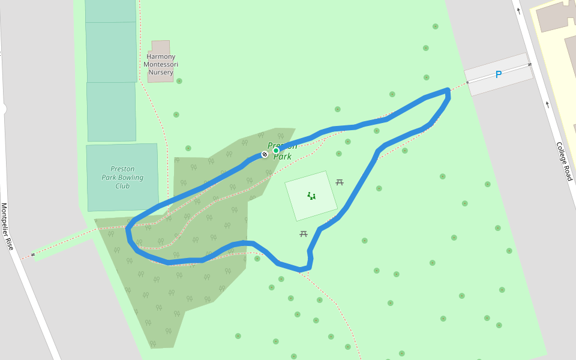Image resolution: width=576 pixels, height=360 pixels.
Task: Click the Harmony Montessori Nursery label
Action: coord(161,65)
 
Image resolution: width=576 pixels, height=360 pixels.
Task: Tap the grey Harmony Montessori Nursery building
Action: coord(161,48)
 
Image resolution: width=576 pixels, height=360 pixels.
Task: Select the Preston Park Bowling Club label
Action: coord(122,178)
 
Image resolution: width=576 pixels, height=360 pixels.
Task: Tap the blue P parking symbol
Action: coord(498,74)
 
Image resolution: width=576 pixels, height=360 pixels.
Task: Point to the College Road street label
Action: coord(564,161)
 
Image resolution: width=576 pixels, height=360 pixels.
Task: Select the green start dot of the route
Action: coord(276,151)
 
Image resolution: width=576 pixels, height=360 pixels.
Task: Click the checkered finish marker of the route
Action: coord(265,154)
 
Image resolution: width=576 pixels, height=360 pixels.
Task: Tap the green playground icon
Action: coord(311,196)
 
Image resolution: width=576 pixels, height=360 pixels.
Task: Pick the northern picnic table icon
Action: coord(340,182)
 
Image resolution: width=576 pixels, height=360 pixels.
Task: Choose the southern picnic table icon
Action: coord(304,233)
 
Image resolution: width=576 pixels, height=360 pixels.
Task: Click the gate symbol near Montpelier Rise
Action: coord(32,254)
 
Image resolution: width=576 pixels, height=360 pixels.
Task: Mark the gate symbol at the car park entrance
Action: coord(529,65)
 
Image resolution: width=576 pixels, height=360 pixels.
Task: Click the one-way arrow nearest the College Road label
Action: coord(547,104)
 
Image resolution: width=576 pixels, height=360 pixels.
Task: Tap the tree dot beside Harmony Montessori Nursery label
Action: coord(179,81)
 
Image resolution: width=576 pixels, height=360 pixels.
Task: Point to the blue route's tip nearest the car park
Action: coord(448,91)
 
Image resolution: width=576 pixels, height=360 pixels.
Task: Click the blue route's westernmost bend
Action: coord(128,229)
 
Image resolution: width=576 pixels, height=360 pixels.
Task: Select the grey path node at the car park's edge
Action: coord(467,82)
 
